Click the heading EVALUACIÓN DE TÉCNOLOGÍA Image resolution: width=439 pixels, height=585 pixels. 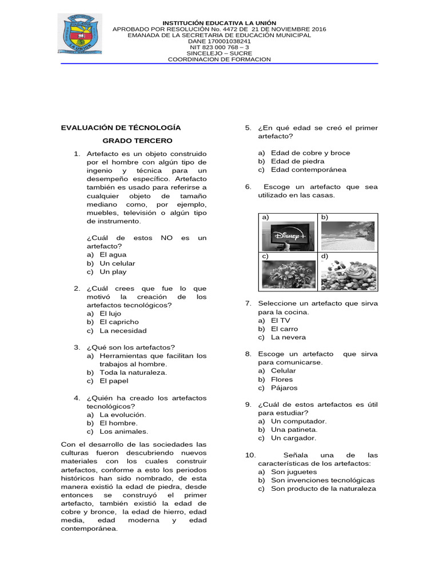tap(121, 127)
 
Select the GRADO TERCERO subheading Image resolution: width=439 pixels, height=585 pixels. tap(137, 141)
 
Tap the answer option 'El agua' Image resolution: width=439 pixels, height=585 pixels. tap(113, 255)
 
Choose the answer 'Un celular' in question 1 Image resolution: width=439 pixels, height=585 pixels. tap(117, 263)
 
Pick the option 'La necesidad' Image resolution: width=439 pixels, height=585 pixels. tap(123, 331)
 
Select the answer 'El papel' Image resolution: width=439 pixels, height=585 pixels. tap(114, 381)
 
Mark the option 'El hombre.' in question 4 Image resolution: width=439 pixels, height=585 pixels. tap(118, 423)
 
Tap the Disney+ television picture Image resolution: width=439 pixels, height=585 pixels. tap(288, 235)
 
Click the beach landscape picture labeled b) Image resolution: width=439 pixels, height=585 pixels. tap(348, 235)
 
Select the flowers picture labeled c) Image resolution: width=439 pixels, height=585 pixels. tap(288, 274)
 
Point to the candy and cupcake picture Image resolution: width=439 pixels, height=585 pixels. tap(348, 275)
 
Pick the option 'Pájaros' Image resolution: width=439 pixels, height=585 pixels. tap(284, 388)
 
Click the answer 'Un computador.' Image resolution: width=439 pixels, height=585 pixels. tap(298, 421)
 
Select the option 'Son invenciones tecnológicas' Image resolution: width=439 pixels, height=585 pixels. tap(322, 480)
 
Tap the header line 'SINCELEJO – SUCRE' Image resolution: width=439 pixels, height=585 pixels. tap(219, 53)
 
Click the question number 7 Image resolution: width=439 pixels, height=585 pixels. tap(248, 303)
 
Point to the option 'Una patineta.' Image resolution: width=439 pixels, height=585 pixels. tap(294, 430)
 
